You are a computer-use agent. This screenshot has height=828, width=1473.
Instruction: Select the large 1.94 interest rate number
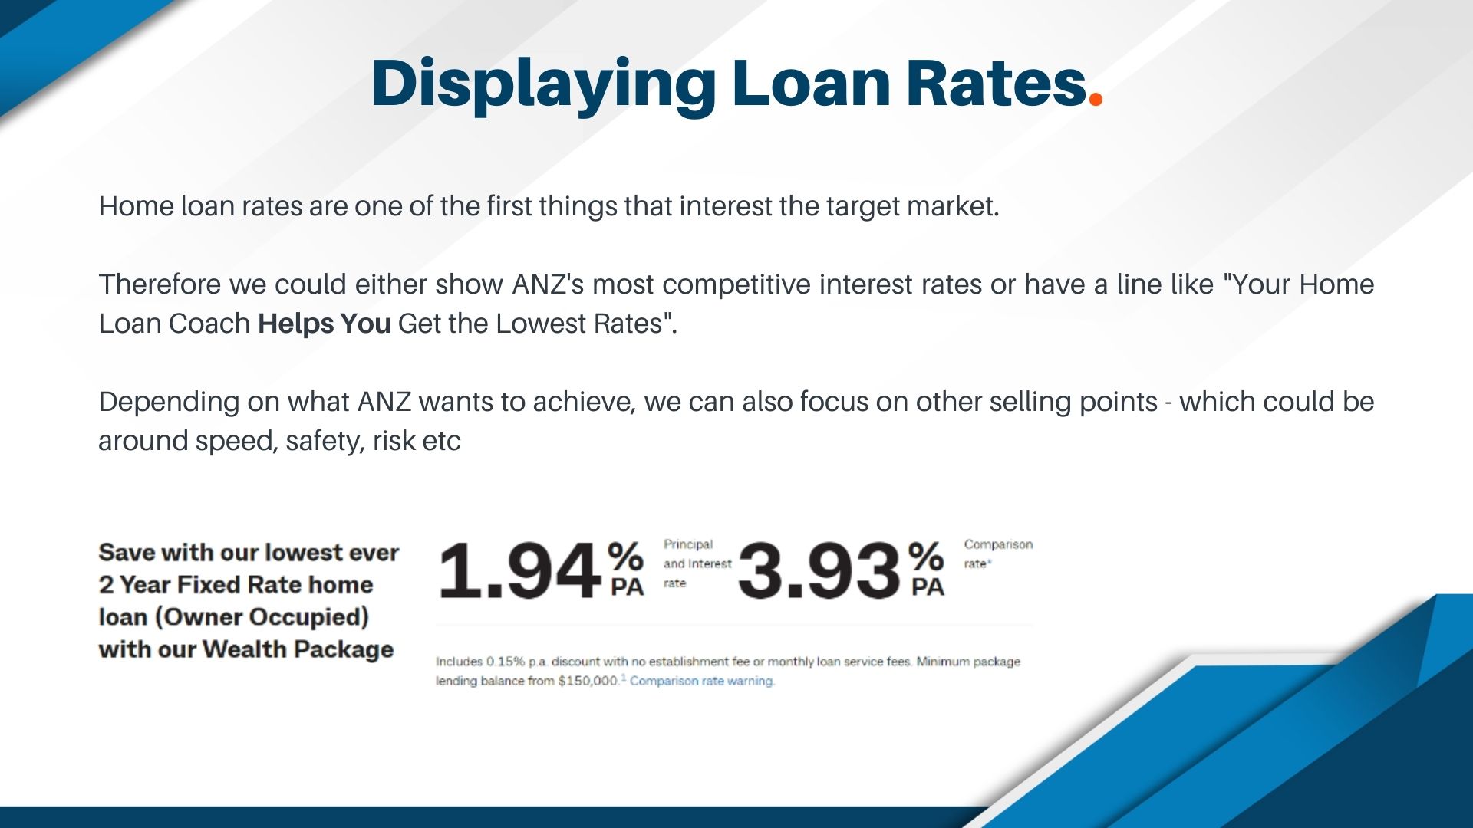coord(519,571)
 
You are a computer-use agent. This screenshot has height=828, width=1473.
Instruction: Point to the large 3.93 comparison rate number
coord(819,571)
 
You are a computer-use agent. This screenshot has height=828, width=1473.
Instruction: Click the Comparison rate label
coord(997,554)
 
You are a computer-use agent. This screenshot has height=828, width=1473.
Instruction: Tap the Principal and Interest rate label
coord(697,563)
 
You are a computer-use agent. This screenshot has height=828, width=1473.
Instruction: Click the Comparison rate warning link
coord(702,681)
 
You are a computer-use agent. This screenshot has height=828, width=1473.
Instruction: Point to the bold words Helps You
coord(324,324)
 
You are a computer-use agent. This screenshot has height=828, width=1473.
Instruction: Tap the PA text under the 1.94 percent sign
coord(627,587)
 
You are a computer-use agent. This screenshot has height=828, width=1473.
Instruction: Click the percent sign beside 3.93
coord(926,555)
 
